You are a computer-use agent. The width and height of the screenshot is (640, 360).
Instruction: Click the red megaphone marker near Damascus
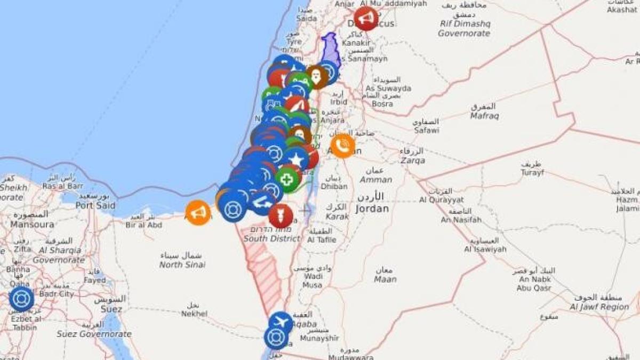pyautogui.click(x=366, y=19)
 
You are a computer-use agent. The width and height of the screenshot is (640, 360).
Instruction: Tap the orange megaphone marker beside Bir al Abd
pyautogui.click(x=198, y=212)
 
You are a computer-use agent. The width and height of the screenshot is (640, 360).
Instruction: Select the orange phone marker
pyautogui.click(x=343, y=146)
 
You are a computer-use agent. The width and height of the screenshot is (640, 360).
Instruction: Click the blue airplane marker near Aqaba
pyautogui.click(x=281, y=323)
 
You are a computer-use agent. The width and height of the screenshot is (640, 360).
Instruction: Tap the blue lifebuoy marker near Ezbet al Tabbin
pyautogui.click(x=21, y=299)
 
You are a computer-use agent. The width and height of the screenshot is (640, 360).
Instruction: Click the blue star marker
pyautogui.click(x=296, y=159)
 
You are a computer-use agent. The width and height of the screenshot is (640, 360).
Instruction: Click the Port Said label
pyautogui.click(x=96, y=205)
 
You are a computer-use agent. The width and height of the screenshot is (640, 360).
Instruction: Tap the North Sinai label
pyautogui.click(x=182, y=265)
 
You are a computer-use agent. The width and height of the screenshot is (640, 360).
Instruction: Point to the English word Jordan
pyautogui.click(x=372, y=209)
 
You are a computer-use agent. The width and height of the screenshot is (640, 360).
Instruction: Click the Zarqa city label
pyautogui.click(x=412, y=160)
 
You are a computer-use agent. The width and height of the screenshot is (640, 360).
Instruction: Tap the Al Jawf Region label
pyautogui.click(x=599, y=307)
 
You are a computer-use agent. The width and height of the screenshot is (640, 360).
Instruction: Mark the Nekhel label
pyautogui.click(x=194, y=314)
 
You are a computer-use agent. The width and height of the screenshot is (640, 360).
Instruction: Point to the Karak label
pyautogui.click(x=337, y=217)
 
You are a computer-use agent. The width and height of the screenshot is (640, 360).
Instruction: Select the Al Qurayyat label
pyautogui.click(x=441, y=200)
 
